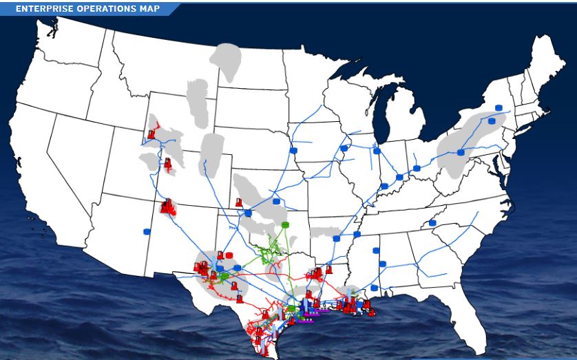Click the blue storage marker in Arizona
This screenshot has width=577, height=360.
146,231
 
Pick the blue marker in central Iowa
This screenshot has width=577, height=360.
293,149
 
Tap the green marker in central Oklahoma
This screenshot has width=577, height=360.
284,225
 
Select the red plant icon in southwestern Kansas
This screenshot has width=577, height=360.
238,202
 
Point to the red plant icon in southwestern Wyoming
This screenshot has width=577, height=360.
151,134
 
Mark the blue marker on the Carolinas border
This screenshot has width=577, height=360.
432,222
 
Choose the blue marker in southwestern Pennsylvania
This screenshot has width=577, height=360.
461,152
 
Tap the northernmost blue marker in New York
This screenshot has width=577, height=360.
499,108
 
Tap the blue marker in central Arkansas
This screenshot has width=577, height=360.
337,238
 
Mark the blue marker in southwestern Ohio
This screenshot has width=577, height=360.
400,177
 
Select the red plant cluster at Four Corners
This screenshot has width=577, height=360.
168,206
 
